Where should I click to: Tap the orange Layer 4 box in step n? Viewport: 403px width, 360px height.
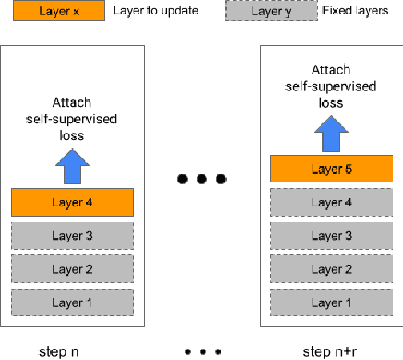pyautogui.click(x=72, y=202)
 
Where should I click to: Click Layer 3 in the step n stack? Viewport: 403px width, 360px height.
pyautogui.click(x=72, y=235)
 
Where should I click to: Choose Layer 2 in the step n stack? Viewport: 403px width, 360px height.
pyautogui.click(x=72, y=269)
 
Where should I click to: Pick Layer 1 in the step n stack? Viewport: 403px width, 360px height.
pyautogui.click(x=72, y=302)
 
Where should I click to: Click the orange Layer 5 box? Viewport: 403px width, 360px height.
pyautogui.click(x=331, y=170)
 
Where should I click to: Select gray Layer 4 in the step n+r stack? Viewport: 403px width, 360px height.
pyautogui.click(x=331, y=202)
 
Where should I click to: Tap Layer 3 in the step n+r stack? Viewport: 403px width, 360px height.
pyautogui.click(x=331, y=235)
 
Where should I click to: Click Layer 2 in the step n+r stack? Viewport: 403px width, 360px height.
pyautogui.click(x=331, y=269)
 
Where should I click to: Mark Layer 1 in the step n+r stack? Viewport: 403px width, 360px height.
pyautogui.click(x=331, y=302)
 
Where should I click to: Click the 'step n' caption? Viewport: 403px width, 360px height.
pyautogui.click(x=58, y=351)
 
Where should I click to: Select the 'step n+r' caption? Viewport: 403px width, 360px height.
pyautogui.click(x=329, y=351)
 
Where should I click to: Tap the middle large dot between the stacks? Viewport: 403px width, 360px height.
pyautogui.click(x=201, y=178)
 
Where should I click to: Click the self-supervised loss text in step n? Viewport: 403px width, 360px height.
pyautogui.click(x=72, y=118)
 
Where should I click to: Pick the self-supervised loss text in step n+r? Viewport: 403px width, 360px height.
pyautogui.click(x=331, y=86)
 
